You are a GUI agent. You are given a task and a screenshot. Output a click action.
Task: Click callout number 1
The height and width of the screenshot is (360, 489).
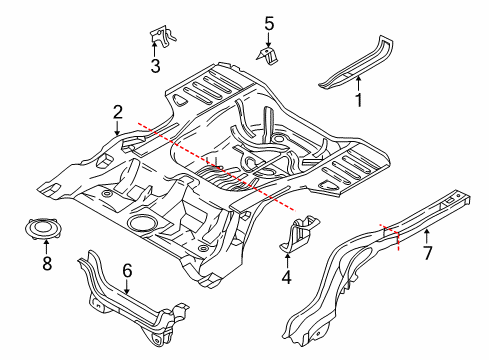coord(359,99)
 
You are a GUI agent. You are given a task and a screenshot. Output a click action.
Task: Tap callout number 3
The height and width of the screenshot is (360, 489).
coord(155,67)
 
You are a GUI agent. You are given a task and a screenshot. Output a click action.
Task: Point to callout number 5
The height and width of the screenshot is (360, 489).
coord(268,21)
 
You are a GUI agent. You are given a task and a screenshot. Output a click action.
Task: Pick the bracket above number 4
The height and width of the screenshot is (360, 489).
coord(300,231)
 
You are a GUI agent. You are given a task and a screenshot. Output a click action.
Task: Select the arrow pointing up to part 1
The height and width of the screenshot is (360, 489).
coord(359,84)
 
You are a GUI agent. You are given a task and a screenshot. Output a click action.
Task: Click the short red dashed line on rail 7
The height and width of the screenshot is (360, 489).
coord(391,236)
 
